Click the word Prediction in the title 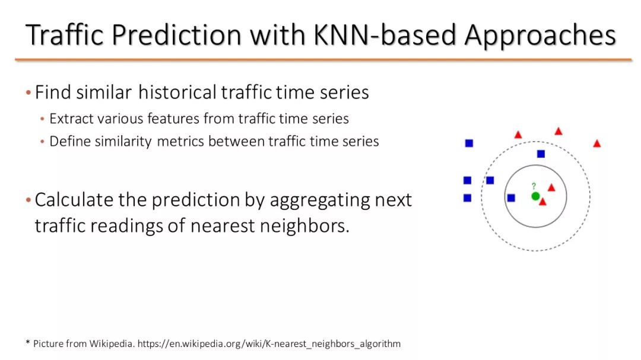[176, 35]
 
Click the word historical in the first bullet [177, 92]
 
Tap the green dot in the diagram [535, 196]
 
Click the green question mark [534, 186]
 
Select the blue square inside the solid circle [511, 198]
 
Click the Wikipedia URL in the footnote [269, 343]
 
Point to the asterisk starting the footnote [28, 342]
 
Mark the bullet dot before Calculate [28, 200]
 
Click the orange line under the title [323, 60]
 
